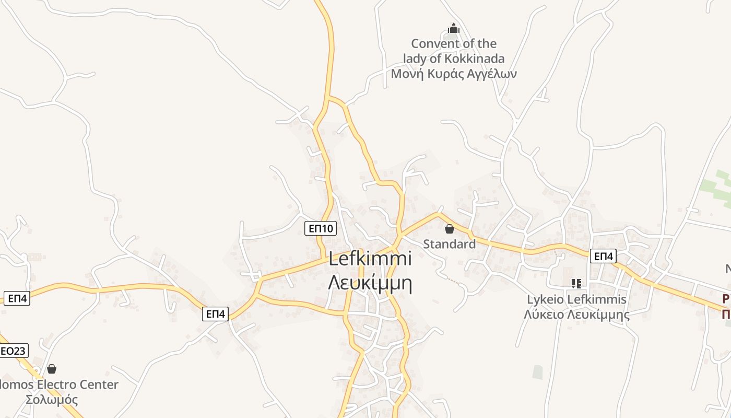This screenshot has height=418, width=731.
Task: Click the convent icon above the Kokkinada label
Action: coord(454,28)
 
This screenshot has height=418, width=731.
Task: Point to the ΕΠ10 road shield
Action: coord(321,228)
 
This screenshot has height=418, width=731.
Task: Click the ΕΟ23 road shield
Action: coord(13,351)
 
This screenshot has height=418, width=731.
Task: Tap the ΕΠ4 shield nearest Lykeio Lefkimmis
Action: coord(604,256)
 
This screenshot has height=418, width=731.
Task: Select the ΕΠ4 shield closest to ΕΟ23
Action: coord(17,298)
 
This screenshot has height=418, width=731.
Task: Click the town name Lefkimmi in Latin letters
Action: coord(370,259)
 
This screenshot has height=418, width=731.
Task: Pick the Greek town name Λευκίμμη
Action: coord(370,283)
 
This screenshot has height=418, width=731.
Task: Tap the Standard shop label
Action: coord(449,244)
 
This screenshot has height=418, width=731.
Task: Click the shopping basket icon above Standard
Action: coord(449,229)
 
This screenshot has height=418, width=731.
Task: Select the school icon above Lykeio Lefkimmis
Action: coord(576,284)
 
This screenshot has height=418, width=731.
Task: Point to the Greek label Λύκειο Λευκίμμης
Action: coord(576,315)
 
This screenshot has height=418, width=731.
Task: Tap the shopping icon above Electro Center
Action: coord(52,369)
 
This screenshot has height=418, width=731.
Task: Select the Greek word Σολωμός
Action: coord(52,400)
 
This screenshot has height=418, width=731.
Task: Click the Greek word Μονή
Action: coord(406,74)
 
